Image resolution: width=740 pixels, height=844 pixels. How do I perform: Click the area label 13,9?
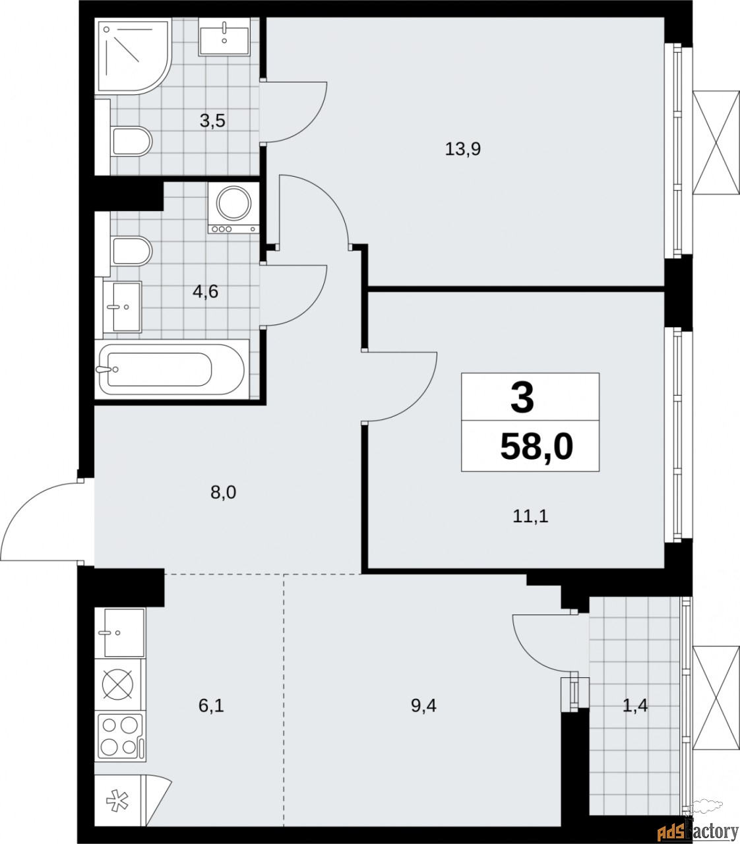click(x=462, y=149)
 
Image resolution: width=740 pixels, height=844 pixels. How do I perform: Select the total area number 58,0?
click(x=536, y=446)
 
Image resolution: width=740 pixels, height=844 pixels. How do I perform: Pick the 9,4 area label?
click(x=423, y=706)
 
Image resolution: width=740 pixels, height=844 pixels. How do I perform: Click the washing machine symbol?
click(x=233, y=208)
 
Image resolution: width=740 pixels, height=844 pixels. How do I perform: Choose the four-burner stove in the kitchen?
click(x=120, y=737)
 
